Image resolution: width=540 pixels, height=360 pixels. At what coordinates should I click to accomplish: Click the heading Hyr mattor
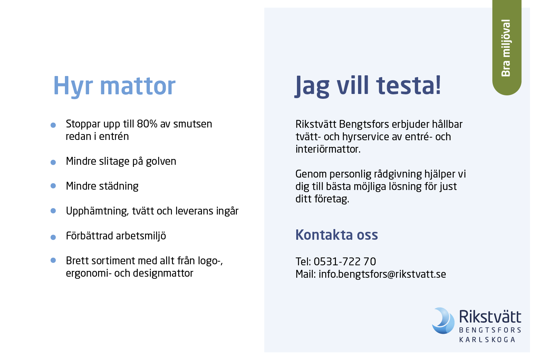(x=114, y=86)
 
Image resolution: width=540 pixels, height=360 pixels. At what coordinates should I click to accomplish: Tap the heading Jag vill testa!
(x=368, y=86)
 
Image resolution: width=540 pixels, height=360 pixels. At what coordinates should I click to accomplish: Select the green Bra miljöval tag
(x=507, y=48)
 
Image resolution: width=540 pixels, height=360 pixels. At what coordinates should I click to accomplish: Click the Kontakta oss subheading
(x=337, y=235)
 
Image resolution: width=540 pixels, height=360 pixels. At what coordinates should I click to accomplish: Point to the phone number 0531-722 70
(x=345, y=262)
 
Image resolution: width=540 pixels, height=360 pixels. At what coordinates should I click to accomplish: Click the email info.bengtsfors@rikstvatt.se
(x=382, y=274)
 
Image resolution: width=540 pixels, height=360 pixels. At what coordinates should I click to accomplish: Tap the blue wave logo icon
(x=443, y=321)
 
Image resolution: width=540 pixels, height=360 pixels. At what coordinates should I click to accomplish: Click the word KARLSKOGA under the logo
(x=487, y=340)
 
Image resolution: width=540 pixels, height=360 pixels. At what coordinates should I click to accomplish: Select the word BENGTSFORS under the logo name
(x=490, y=330)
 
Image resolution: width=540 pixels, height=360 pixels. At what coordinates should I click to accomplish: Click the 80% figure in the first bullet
(x=147, y=124)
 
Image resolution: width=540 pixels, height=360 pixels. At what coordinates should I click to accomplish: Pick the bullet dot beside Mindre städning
(x=53, y=186)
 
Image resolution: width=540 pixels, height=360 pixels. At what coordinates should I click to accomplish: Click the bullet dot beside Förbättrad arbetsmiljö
(x=53, y=237)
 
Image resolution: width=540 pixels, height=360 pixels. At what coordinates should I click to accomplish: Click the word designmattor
(x=163, y=273)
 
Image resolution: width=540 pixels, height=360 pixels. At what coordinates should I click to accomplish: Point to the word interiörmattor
(x=328, y=149)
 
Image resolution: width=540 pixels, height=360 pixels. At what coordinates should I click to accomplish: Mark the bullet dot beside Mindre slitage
(x=53, y=162)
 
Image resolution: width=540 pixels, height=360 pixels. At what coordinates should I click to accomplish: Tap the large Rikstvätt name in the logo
(x=490, y=316)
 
